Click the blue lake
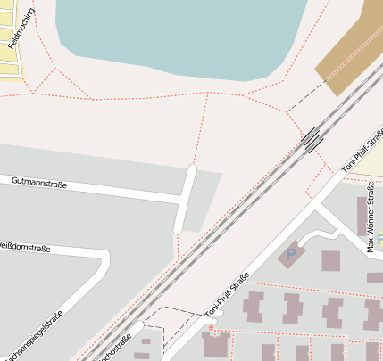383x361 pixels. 179,36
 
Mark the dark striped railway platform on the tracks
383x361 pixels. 312,139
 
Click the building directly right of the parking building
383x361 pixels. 330,261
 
